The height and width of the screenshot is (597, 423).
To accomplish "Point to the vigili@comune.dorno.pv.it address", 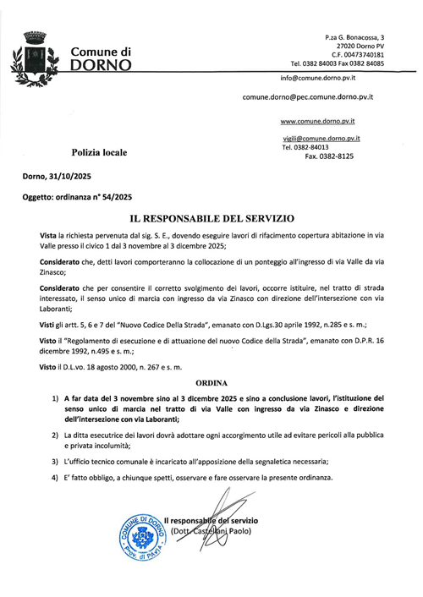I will point(322,137).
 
